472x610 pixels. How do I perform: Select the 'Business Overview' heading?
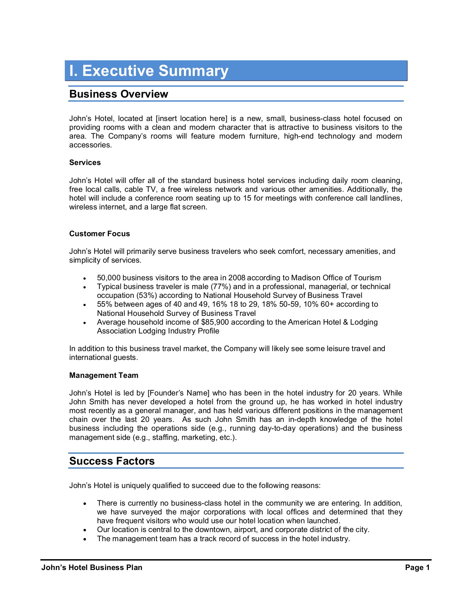(118, 94)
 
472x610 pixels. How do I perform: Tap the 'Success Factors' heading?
(112, 461)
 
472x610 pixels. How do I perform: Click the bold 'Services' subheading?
(85, 163)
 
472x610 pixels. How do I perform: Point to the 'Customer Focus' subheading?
(99, 234)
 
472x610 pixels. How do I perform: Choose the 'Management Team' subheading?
(103, 375)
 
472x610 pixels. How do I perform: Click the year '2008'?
(237, 278)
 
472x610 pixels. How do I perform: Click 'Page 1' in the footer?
(417, 568)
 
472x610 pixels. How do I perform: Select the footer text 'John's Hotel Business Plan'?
(92, 568)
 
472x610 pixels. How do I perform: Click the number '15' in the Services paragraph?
(247, 198)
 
